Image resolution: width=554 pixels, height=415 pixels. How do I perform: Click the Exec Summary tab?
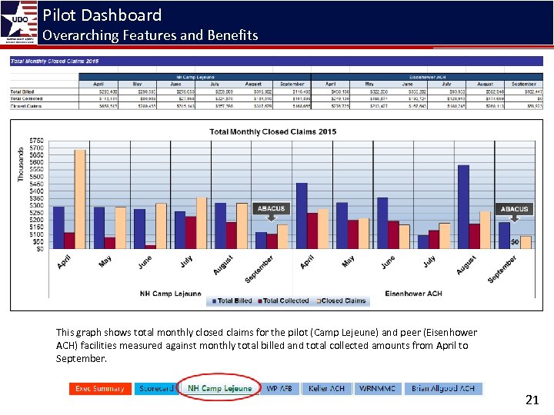[x=99, y=389]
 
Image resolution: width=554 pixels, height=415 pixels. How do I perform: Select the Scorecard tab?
[x=156, y=389]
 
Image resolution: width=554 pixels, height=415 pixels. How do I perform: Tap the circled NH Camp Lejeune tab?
[x=219, y=389]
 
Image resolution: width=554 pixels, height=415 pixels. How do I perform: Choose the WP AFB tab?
[x=280, y=389]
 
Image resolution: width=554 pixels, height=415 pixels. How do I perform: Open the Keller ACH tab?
[x=326, y=389]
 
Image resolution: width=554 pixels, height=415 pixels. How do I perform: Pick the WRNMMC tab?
[x=377, y=389]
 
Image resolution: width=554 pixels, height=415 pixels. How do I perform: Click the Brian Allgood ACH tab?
[x=443, y=389]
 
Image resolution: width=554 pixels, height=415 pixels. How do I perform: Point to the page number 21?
[x=532, y=400]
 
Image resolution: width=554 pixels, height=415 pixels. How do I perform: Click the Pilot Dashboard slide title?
[x=102, y=15]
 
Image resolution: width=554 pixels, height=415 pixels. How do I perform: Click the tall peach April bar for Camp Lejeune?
[x=79, y=198]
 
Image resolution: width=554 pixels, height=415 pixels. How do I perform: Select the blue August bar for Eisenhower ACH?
[x=462, y=206]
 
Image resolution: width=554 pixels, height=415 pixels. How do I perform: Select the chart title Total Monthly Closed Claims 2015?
[x=272, y=131]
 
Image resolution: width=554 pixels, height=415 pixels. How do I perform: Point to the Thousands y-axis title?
[x=21, y=164]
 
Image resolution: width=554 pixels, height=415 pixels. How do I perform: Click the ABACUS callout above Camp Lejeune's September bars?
[x=270, y=208]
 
